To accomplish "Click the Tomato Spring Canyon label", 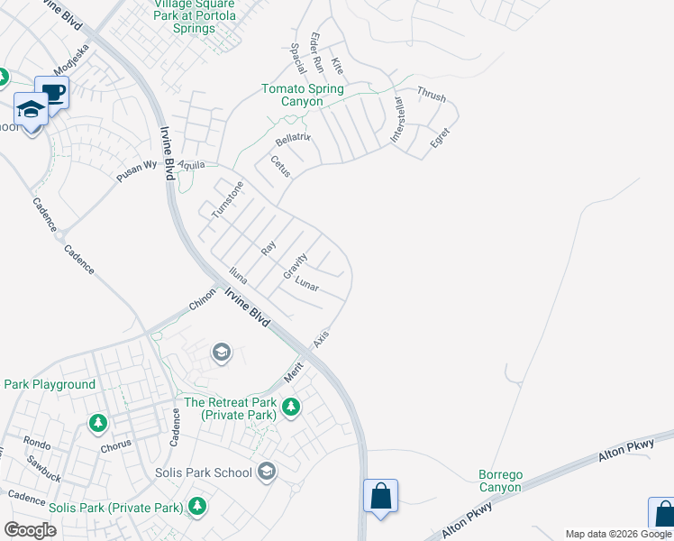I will pos(303,95).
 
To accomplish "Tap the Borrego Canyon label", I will pos(500,481).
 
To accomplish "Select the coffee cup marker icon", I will pos(52,92).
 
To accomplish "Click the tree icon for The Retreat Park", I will pos(290,408).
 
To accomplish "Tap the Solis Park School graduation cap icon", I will pos(266,472).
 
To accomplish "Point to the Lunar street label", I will pos(307,284).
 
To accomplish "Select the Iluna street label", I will pos(237,275).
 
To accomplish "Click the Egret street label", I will pos(440,138).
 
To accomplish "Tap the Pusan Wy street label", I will pos(136,172).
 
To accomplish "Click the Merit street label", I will pos(292,371).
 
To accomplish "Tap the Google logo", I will pos(30,530).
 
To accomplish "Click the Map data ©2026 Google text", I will pos(618,534).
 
